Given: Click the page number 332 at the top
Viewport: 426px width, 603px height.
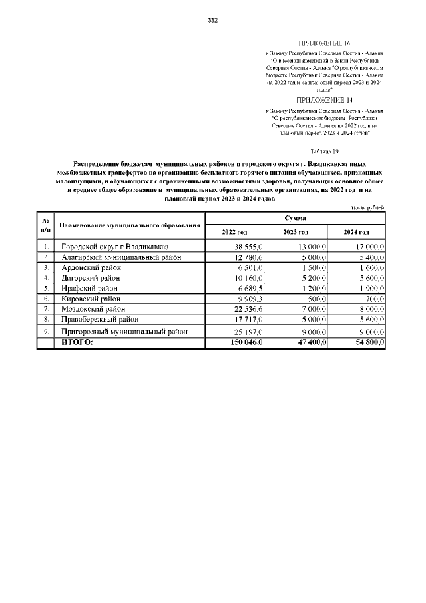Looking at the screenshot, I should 213,20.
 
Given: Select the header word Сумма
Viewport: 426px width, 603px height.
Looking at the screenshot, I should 295,218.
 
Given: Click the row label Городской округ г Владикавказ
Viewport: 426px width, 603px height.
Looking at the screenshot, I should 115,247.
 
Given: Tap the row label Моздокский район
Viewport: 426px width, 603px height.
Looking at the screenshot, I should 93,309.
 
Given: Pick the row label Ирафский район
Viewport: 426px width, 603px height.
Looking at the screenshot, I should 90,288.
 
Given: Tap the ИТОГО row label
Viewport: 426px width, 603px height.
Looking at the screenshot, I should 77,342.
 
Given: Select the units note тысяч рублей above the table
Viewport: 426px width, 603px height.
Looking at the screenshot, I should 368,208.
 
